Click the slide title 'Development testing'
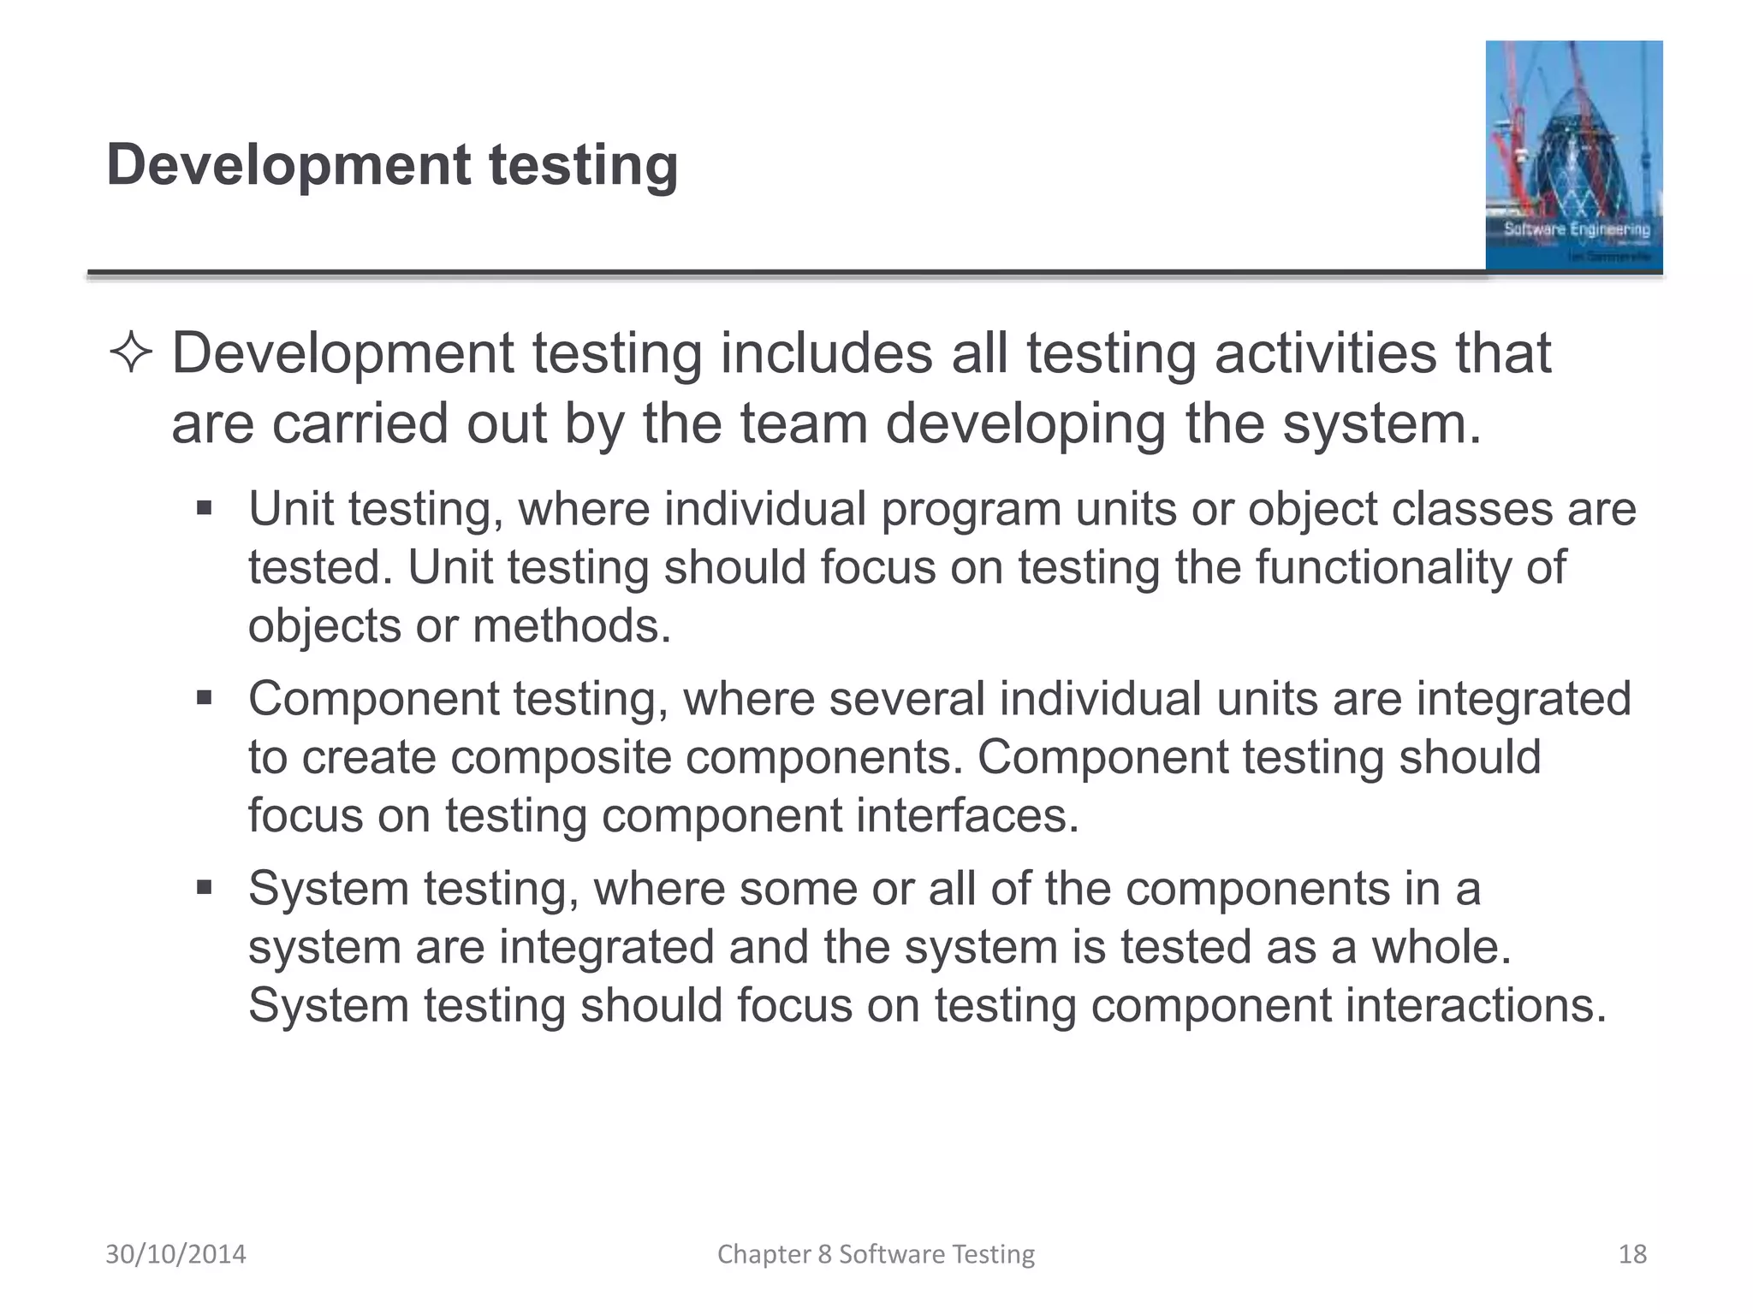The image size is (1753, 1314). pos(392,164)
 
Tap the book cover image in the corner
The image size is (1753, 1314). pos(1573,156)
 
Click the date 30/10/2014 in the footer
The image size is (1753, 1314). pos(175,1254)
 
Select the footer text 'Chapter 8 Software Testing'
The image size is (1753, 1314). pos(876,1254)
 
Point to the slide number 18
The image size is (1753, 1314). pos(1632,1254)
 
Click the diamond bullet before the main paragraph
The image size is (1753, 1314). pos(131,354)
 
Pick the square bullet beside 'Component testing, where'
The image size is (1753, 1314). pos(204,699)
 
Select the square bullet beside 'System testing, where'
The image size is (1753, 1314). pos(204,888)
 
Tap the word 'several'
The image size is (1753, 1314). pos(906,699)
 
